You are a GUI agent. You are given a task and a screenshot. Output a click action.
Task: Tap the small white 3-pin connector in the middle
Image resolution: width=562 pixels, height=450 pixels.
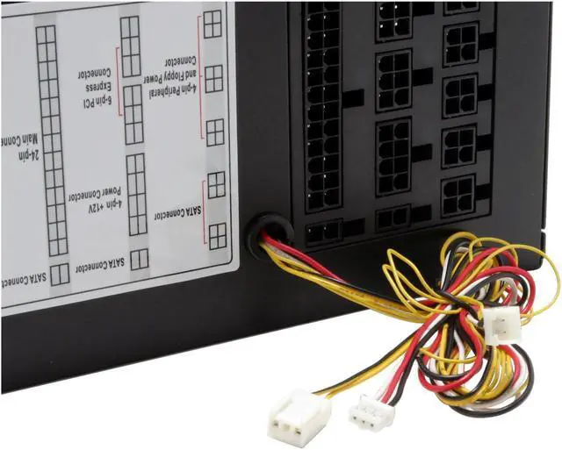point(370,411)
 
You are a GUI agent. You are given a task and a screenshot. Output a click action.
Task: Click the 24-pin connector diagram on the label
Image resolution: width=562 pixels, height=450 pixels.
point(51,139)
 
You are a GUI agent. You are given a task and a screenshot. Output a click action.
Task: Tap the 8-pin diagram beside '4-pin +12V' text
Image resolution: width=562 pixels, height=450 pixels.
point(136,194)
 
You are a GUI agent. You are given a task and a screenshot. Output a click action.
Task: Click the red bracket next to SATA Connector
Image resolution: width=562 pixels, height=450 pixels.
point(204,211)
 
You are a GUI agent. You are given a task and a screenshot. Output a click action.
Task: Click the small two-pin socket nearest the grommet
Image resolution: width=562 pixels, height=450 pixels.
point(323,231)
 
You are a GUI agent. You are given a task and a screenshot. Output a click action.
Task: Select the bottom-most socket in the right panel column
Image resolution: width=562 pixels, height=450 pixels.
point(459,195)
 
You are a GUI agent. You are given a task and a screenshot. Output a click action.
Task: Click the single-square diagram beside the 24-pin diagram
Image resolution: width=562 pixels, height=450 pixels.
point(60,275)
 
